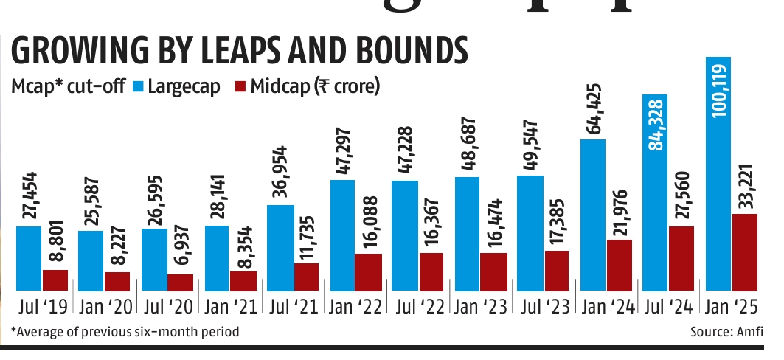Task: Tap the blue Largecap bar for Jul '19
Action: point(29,258)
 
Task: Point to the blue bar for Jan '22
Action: point(343,235)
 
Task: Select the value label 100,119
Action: point(719,87)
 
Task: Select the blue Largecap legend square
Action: point(138,86)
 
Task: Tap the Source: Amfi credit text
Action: point(727,332)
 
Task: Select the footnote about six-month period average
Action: point(125,332)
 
